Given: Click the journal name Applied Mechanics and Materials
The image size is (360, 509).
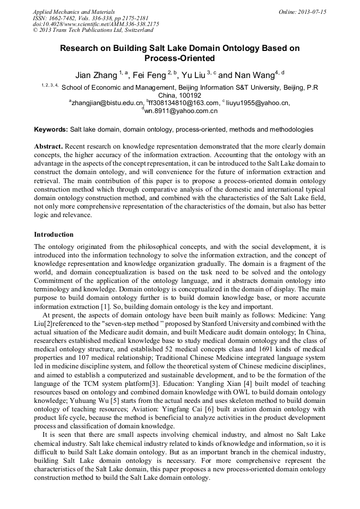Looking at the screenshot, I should (x=73, y=12).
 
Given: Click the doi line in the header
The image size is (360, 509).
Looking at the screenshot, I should (x=96, y=24).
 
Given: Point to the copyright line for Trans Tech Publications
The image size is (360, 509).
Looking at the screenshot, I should (x=93, y=31).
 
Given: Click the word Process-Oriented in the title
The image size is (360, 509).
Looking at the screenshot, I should (x=179, y=58).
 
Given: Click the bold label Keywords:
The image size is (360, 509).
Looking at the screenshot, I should (x=51, y=130).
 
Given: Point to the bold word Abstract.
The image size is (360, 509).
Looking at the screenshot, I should (x=48, y=146).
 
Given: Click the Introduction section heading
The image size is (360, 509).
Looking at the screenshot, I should (x=54, y=234).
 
